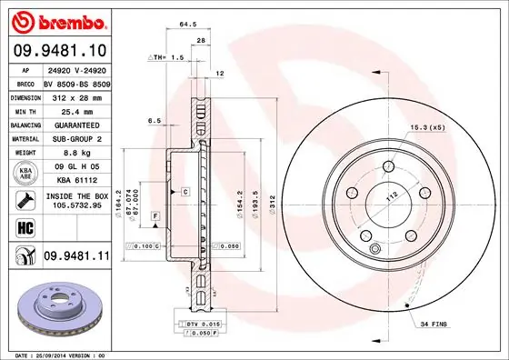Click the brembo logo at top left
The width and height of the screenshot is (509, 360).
(x=56, y=19)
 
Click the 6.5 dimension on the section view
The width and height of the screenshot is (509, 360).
(x=154, y=120)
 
